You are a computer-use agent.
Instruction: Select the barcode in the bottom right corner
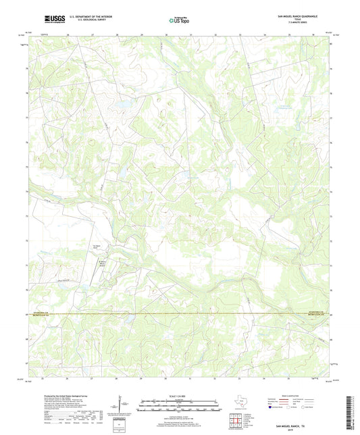(349, 411)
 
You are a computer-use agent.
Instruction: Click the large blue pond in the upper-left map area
(124, 104)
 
